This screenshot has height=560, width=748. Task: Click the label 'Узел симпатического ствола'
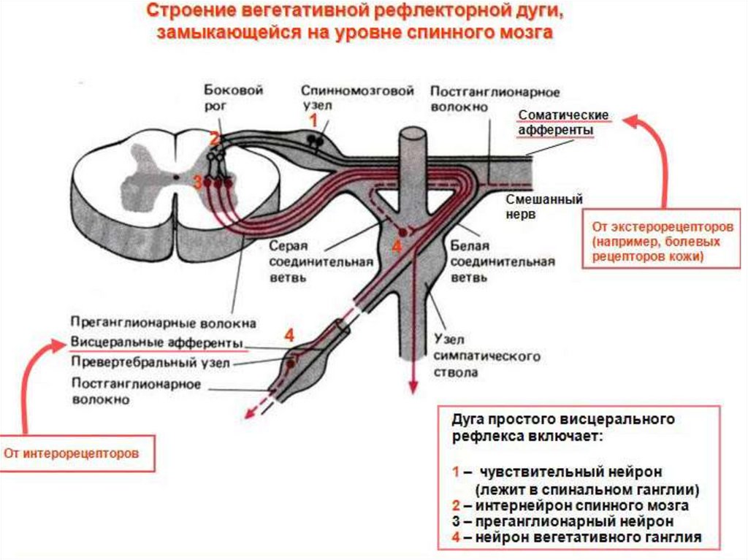pyautogui.click(x=486, y=356)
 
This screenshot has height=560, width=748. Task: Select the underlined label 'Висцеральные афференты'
pyautogui.click(x=157, y=342)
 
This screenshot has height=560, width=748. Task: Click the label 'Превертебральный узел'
pyautogui.click(x=150, y=361)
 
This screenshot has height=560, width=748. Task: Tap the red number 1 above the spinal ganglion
pyautogui.click(x=313, y=118)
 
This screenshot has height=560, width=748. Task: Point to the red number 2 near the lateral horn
pyautogui.click(x=213, y=138)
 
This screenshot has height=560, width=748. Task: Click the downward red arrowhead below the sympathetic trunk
pyautogui.click(x=413, y=390)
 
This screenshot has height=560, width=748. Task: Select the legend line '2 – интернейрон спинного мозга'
pyautogui.click(x=570, y=505)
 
